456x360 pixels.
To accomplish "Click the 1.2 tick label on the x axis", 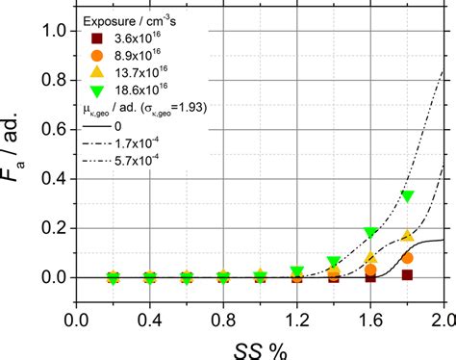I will point(297,318).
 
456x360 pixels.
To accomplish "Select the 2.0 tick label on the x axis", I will point(443,318).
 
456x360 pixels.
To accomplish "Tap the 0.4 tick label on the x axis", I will point(150,318).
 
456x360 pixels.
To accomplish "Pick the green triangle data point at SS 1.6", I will point(370,233).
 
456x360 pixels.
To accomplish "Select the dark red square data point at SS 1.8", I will point(407,274).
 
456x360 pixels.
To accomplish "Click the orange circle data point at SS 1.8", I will point(407,258).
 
